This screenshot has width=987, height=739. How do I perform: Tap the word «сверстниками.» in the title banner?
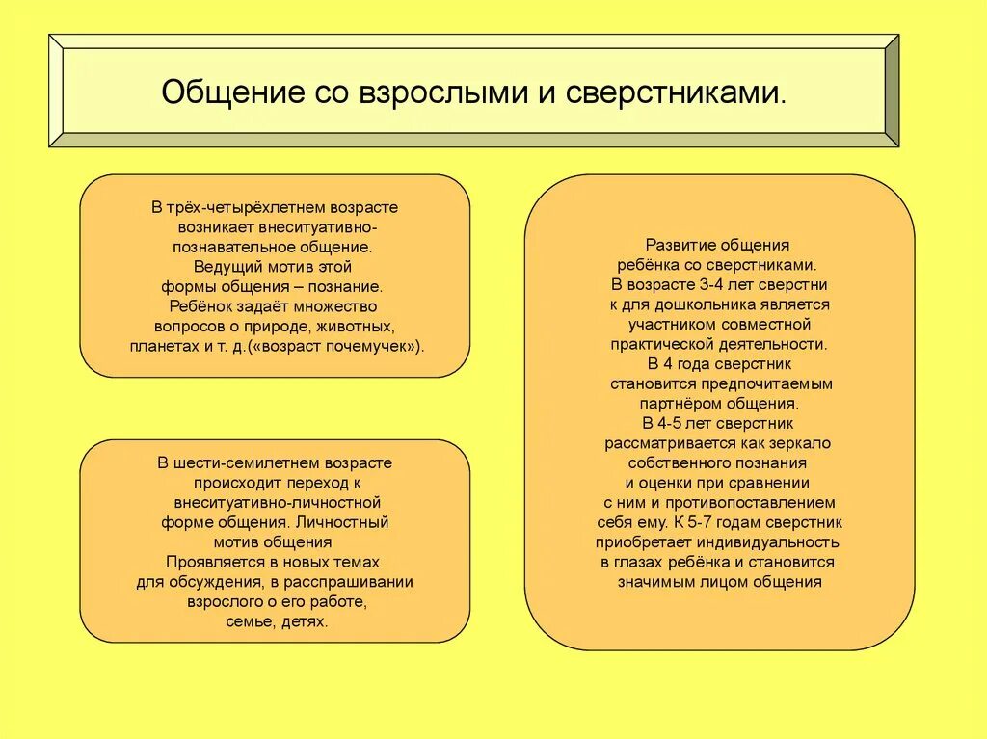pos(675,93)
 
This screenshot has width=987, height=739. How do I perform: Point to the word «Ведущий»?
pos(227,267)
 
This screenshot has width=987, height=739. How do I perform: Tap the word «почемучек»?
pos(376,346)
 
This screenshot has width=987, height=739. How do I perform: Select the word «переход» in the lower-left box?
pos(312,483)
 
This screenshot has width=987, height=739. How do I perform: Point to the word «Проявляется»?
pos(208,562)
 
